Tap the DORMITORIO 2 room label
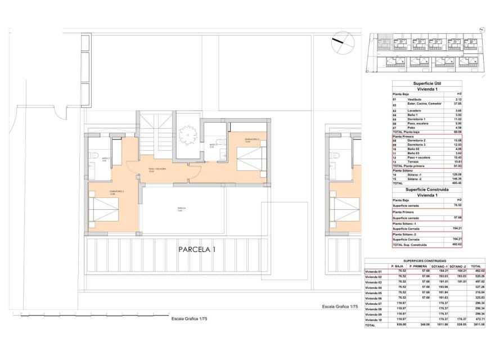(117, 192)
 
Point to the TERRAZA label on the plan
(180, 208)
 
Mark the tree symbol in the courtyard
(185, 134)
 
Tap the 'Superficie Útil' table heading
(429, 83)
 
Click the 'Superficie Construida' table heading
(429, 190)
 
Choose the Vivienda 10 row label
(373, 319)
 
